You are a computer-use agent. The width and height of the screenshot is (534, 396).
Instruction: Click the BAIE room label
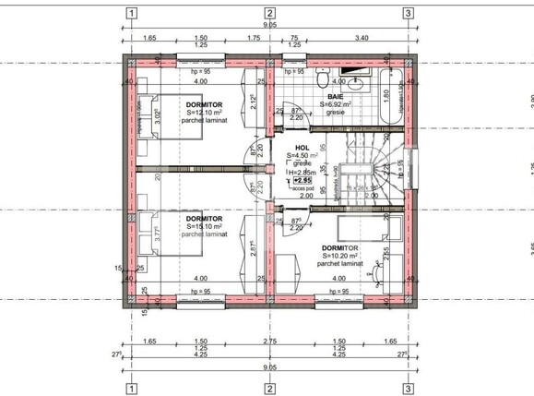(335, 97)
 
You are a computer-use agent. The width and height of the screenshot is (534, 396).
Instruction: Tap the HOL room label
(303, 148)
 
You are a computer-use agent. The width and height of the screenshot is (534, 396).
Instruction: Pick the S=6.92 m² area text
(336, 105)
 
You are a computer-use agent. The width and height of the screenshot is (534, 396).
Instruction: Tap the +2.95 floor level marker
(303, 181)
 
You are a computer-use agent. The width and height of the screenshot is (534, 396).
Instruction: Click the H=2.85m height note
(302, 173)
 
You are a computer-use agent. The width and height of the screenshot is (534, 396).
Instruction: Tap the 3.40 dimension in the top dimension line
(362, 38)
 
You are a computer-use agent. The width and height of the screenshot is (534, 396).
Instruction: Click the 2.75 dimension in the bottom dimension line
(269, 342)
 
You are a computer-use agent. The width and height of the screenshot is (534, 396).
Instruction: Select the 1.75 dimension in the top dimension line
(253, 38)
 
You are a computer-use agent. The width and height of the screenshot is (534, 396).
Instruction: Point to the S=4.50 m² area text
(303, 156)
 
